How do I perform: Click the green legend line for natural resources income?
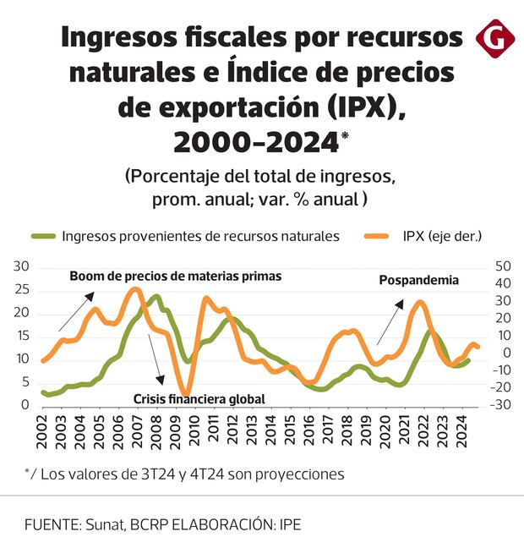43,237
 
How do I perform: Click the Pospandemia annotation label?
418,281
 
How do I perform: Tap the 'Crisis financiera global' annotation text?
199,398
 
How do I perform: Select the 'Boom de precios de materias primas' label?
175,277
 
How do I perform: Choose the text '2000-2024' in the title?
255,144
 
